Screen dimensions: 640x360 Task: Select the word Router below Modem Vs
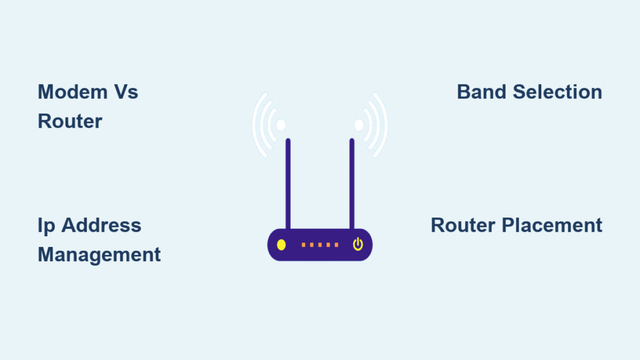coord(70,121)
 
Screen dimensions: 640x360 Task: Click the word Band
coord(482,92)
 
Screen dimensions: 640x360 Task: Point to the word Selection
coord(557,92)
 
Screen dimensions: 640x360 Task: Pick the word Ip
coord(46,226)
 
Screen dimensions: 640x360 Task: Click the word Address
coord(101,225)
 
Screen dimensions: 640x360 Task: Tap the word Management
coord(99,255)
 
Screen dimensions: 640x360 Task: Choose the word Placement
coord(552,225)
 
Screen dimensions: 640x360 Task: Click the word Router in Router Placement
coord(463,225)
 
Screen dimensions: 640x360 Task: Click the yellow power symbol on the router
coord(358,244)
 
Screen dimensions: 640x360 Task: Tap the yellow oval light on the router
coord(281,245)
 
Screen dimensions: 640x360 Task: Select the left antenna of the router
coord(288,184)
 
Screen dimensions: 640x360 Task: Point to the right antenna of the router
coord(352,184)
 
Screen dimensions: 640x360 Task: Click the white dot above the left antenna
coord(281,125)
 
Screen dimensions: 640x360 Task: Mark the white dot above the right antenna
coord(359,125)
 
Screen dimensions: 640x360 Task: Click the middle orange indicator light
coord(320,245)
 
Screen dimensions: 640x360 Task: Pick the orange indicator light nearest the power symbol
coord(336,245)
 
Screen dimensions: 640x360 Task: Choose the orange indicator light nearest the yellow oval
coord(303,245)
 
